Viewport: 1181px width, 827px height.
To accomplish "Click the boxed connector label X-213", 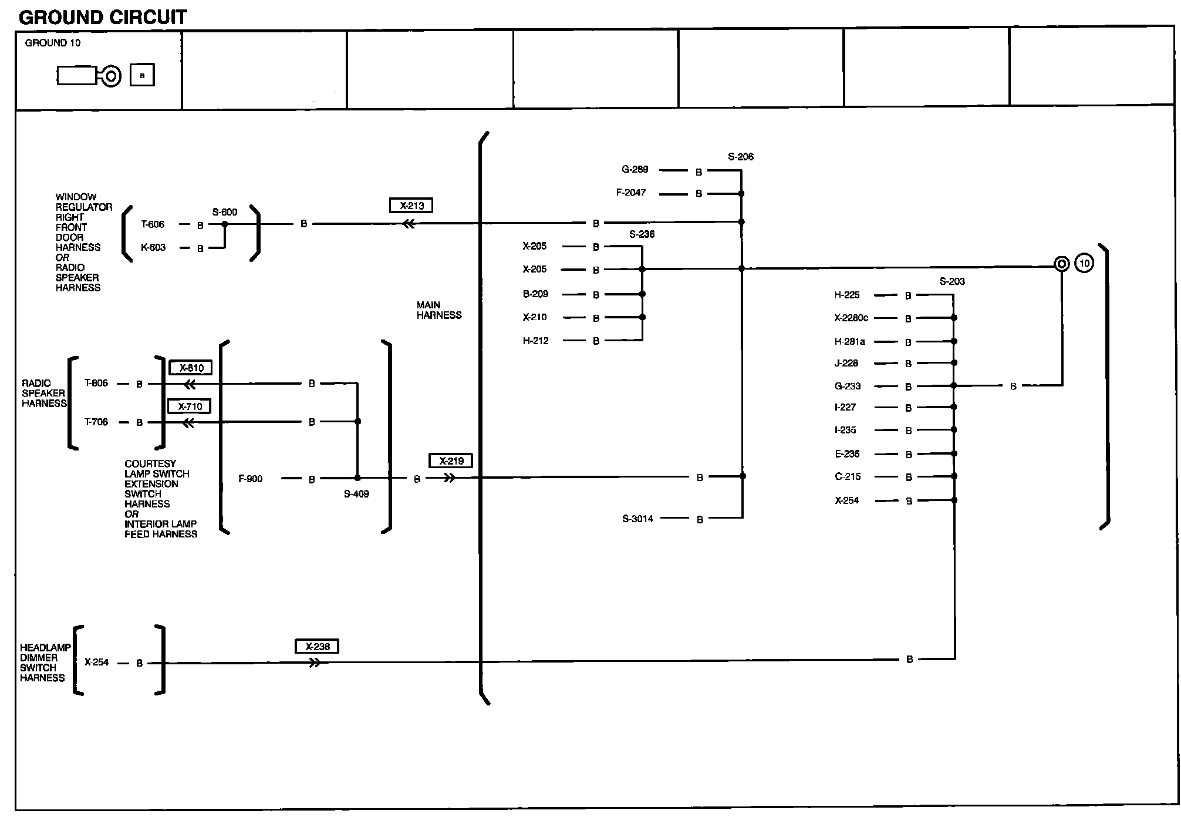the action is point(411,206).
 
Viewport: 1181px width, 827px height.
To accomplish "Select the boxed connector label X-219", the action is point(451,461).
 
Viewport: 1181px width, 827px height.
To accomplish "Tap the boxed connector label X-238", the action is point(317,647).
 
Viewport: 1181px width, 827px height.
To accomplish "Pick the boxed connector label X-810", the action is point(191,368).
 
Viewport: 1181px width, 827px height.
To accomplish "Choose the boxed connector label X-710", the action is point(190,406).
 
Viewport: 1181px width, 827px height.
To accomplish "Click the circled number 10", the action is point(1084,263).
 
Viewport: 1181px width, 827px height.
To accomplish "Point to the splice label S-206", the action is point(741,157).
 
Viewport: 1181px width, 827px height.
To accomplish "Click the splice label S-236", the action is point(642,234).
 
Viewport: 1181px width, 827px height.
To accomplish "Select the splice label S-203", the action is point(952,281).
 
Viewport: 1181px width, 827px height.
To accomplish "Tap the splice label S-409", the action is point(356,494).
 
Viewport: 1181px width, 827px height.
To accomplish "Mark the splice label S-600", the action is point(225,212).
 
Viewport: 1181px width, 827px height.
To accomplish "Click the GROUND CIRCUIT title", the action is point(103,18).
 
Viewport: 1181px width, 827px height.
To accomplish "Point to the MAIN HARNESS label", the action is point(439,310).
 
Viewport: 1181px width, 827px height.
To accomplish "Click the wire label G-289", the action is point(635,170).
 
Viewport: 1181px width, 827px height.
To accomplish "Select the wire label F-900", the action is point(251,479).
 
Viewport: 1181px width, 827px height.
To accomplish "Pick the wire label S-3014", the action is point(637,519).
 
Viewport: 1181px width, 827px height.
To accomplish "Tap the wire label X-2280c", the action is point(851,318).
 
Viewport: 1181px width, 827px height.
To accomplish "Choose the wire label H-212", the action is point(536,341).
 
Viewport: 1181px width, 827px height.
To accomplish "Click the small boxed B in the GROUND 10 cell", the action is point(142,75).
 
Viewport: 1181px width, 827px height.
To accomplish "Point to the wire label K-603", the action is point(153,247).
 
